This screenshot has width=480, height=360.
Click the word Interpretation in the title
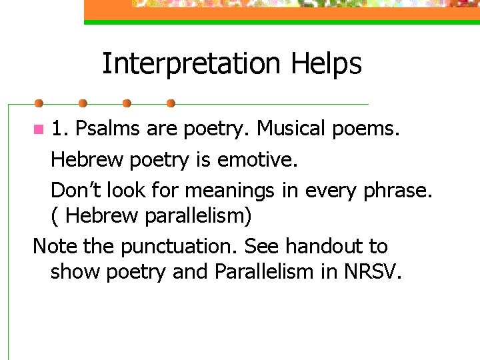coord(191,64)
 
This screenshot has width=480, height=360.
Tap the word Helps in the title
coord(326,64)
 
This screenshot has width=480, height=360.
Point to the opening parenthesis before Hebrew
coord(55,217)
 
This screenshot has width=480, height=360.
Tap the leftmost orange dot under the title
coord(39,103)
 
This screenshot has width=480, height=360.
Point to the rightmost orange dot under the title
coord(171,103)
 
